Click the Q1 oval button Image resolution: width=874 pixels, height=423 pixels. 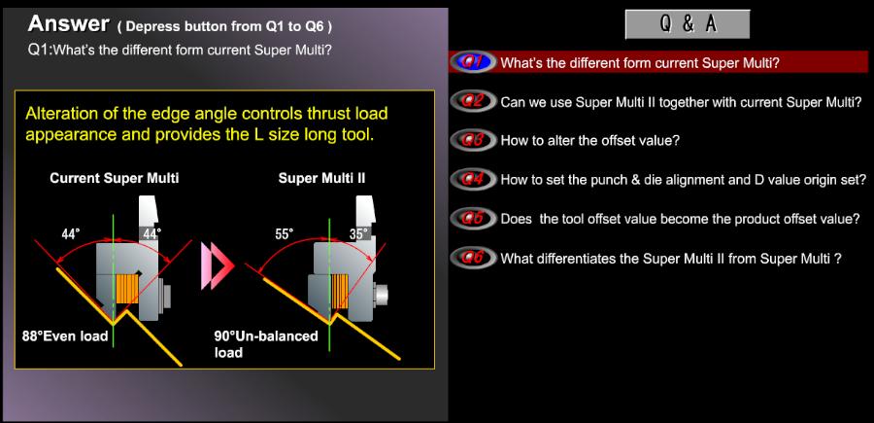click(473, 62)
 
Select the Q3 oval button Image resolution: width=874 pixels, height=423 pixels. click(473, 139)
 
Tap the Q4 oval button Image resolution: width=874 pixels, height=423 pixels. click(473, 179)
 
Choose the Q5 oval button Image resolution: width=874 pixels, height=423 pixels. click(473, 218)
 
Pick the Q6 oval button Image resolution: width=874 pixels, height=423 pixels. click(473, 258)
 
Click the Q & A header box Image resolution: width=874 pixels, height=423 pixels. click(688, 24)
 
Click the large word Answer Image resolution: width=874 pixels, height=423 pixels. click(68, 23)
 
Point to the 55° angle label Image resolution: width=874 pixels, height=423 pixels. click(285, 234)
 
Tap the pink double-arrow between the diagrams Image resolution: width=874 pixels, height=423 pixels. click(218, 265)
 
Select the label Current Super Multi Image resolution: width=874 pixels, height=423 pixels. click(115, 179)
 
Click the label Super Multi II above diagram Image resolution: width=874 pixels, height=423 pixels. click(321, 179)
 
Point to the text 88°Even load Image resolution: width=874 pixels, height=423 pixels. click(65, 336)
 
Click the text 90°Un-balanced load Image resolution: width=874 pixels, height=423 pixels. click(266, 344)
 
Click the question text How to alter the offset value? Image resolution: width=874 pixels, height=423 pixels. click(590, 141)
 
